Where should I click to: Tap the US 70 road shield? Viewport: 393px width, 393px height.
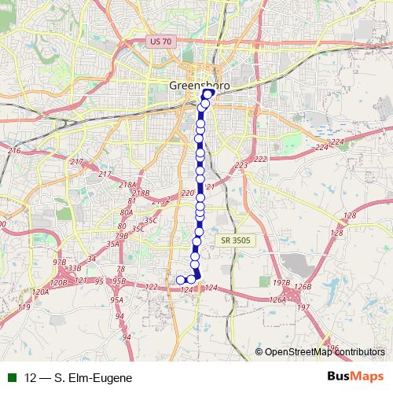click(x=160, y=40)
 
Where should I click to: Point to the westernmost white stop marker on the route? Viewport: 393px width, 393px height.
click(x=180, y=280)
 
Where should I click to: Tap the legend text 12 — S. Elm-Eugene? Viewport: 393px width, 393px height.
click(x=78, y=378)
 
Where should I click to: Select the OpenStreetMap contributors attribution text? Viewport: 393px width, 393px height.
click(x=325, y=352)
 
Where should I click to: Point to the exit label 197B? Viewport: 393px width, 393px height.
click(x=281, y=282)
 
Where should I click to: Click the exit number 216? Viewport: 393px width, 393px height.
click(x=13, y=150)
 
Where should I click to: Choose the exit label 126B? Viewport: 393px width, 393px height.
click(x=303, y=287)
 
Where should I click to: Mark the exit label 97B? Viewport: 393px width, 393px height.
click(x=60, y=262)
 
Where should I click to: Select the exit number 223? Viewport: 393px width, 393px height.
click(x=241, y=165)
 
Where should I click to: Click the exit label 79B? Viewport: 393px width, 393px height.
click(x=121, y=235)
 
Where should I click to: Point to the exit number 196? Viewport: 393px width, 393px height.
click(x=332, y=347)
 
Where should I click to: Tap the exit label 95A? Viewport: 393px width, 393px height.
click(x=116, y=299)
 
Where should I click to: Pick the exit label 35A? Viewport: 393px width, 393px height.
click(x=112, y=244)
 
